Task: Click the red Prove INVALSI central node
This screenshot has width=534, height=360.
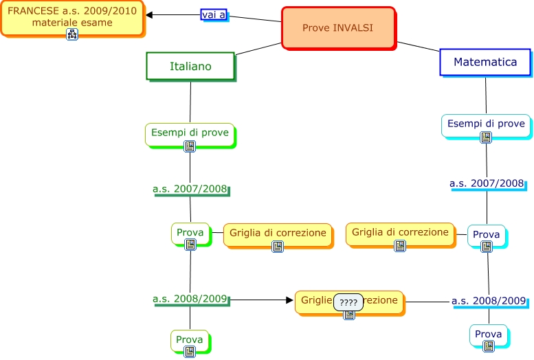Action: [338, 28]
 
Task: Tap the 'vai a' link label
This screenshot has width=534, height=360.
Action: [214, 14]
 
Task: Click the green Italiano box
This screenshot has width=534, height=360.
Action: [190, 66]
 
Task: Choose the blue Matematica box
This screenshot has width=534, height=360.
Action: [485, 62]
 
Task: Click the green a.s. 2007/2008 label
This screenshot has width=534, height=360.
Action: [190, 188]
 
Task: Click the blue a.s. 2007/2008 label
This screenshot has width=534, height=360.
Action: [487, 183]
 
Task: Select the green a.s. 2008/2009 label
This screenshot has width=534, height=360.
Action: [190, 299]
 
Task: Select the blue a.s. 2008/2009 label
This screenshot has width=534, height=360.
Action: [489, 301]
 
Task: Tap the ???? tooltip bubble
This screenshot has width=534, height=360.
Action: [348, 302]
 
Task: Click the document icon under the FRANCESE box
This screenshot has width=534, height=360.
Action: [72, 34]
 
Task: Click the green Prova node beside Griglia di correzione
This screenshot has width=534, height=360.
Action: [190, 234]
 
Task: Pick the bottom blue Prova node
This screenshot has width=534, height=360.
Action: [488, 335]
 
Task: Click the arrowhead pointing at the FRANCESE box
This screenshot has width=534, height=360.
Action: [150, 14]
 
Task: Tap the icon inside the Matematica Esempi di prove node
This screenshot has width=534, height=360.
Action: [486, 137]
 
